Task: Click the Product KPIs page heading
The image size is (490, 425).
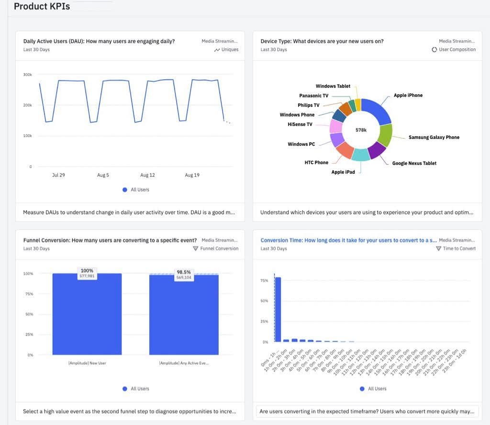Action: point(42,7)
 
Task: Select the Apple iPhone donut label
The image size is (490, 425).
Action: point(408,96)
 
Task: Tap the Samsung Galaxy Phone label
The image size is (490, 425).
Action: point(434,138)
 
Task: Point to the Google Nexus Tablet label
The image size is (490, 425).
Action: point(414,163)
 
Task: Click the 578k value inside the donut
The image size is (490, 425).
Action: point(361,130)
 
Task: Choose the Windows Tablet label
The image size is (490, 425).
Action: point(333,86)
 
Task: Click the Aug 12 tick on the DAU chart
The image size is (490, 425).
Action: point(147,175)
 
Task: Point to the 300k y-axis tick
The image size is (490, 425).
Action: point(27,75)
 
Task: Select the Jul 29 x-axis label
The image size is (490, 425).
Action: point(58,175)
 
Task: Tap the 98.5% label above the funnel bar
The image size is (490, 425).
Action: point(184,272)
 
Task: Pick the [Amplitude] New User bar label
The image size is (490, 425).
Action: point(87,364)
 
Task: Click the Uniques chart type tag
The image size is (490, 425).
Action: point(227,50)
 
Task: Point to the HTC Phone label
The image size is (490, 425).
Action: point(316,163)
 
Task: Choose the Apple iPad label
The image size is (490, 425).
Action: point(343,172)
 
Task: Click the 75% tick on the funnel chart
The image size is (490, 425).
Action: point(29,294)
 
